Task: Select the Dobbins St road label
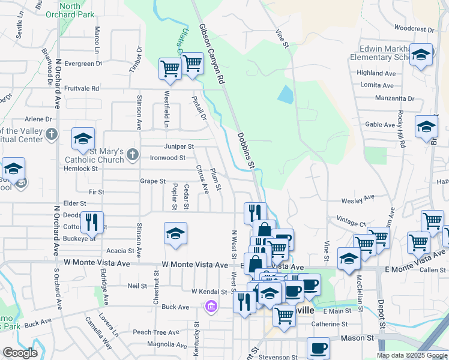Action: coord(246,151)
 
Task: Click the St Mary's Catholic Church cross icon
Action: coord(133,156)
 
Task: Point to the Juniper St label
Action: coord(179,146)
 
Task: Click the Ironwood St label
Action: coord(167,158)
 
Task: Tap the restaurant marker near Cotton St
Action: coord(92,222)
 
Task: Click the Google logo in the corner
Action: coord(20,353)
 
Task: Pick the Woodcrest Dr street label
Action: coord(414,28)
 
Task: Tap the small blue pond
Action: coord(286,95)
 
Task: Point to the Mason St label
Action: coord(357,338)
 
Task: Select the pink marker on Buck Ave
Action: coord(210,307)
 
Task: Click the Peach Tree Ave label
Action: coord(156,332)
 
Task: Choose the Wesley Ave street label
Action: coord(358,196)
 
